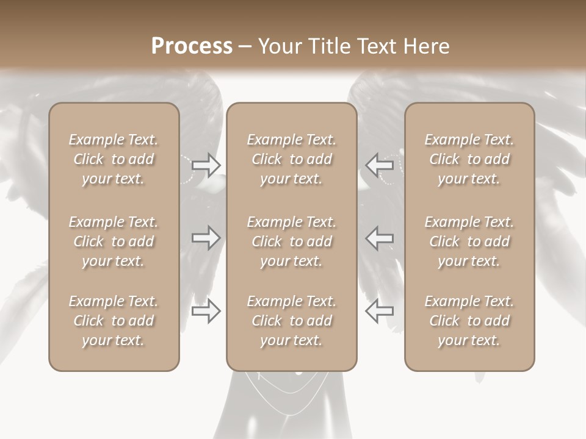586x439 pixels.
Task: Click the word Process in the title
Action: click(192, 46)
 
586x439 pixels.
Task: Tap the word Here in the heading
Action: click(425, 46)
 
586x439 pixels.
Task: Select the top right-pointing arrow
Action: click(206, 165)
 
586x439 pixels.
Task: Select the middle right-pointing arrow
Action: click(206, 238)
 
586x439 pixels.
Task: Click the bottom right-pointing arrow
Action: click(206, 311)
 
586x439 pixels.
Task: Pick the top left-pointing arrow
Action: click(379, 165)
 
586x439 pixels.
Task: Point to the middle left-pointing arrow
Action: click(379, 238)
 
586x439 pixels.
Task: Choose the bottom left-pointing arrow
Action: click(379, 311)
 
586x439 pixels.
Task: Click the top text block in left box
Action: click(114, 159)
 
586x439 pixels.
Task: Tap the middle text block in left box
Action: click(114, 241)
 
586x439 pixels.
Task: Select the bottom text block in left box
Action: click(114, 321)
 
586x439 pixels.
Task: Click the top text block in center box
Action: click(291, 159)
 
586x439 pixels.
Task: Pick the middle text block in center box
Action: click(291, 241)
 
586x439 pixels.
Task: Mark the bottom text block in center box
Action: click(291, 321)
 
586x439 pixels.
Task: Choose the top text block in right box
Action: click(469, 159)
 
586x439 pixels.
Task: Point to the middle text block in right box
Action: click(469, 241)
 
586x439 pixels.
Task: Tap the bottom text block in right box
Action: click(469, 321)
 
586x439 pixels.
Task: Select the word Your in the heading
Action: click(279, 46)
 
